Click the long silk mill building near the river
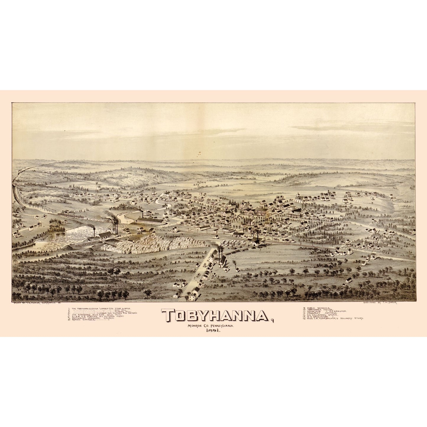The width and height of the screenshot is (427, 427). (151, 221)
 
